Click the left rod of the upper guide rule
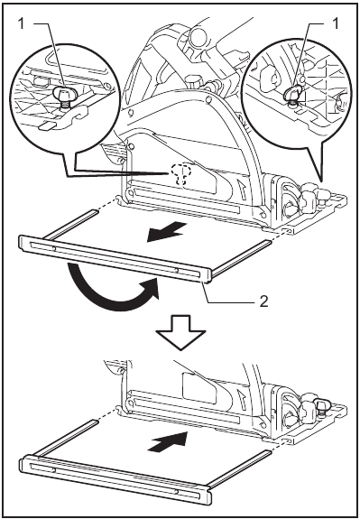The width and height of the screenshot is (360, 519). tap(72, 222)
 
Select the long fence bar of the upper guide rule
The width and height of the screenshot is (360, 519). tap(117, 257)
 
